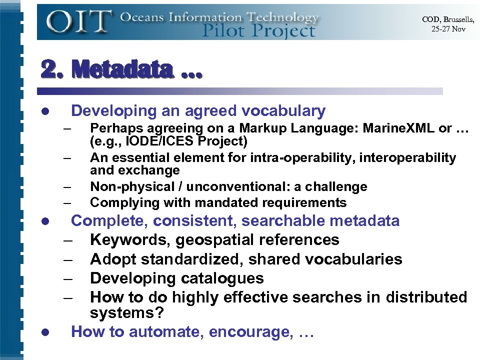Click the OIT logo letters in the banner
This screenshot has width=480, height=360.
[79, 21]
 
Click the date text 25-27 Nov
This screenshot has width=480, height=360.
[448, 28]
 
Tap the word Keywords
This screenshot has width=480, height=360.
[130, 240]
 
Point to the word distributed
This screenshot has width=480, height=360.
[426, 297]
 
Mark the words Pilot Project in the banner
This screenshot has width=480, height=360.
[258, 31]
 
